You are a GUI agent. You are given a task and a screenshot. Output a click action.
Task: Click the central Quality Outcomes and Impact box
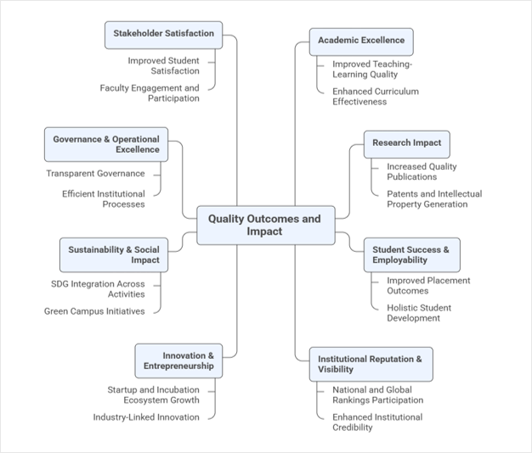pos(266,225)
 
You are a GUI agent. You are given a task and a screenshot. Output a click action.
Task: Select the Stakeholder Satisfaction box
pos(163,36)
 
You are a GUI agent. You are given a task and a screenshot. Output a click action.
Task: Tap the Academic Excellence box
pos(361,42)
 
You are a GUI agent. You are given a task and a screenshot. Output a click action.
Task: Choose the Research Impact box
pos(407,144)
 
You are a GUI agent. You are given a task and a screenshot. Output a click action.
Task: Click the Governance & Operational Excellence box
pos(106,144)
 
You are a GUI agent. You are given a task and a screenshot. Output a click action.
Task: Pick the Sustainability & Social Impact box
pos(114,255)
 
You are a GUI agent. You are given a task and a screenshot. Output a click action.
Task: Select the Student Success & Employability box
pos(412,255)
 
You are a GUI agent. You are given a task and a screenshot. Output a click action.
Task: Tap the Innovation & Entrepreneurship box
pos(178,361)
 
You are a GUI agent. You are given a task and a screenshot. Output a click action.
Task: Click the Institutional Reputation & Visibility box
pos(371,364)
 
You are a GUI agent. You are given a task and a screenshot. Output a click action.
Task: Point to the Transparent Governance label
pos(96,174)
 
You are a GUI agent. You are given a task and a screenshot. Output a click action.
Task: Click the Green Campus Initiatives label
pos(94,311)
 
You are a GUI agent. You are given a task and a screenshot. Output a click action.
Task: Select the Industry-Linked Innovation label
pos(146,417)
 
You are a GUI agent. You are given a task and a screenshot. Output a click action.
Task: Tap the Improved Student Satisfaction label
pos(163,65)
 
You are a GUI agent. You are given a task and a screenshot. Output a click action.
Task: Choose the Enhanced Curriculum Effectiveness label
pos(376,97)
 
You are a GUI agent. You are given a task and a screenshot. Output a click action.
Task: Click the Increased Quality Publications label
pos(422,171)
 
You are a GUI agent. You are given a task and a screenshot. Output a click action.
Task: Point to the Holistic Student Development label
pos(419,313)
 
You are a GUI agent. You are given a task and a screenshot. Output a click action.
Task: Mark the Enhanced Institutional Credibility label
pos(377,422)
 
